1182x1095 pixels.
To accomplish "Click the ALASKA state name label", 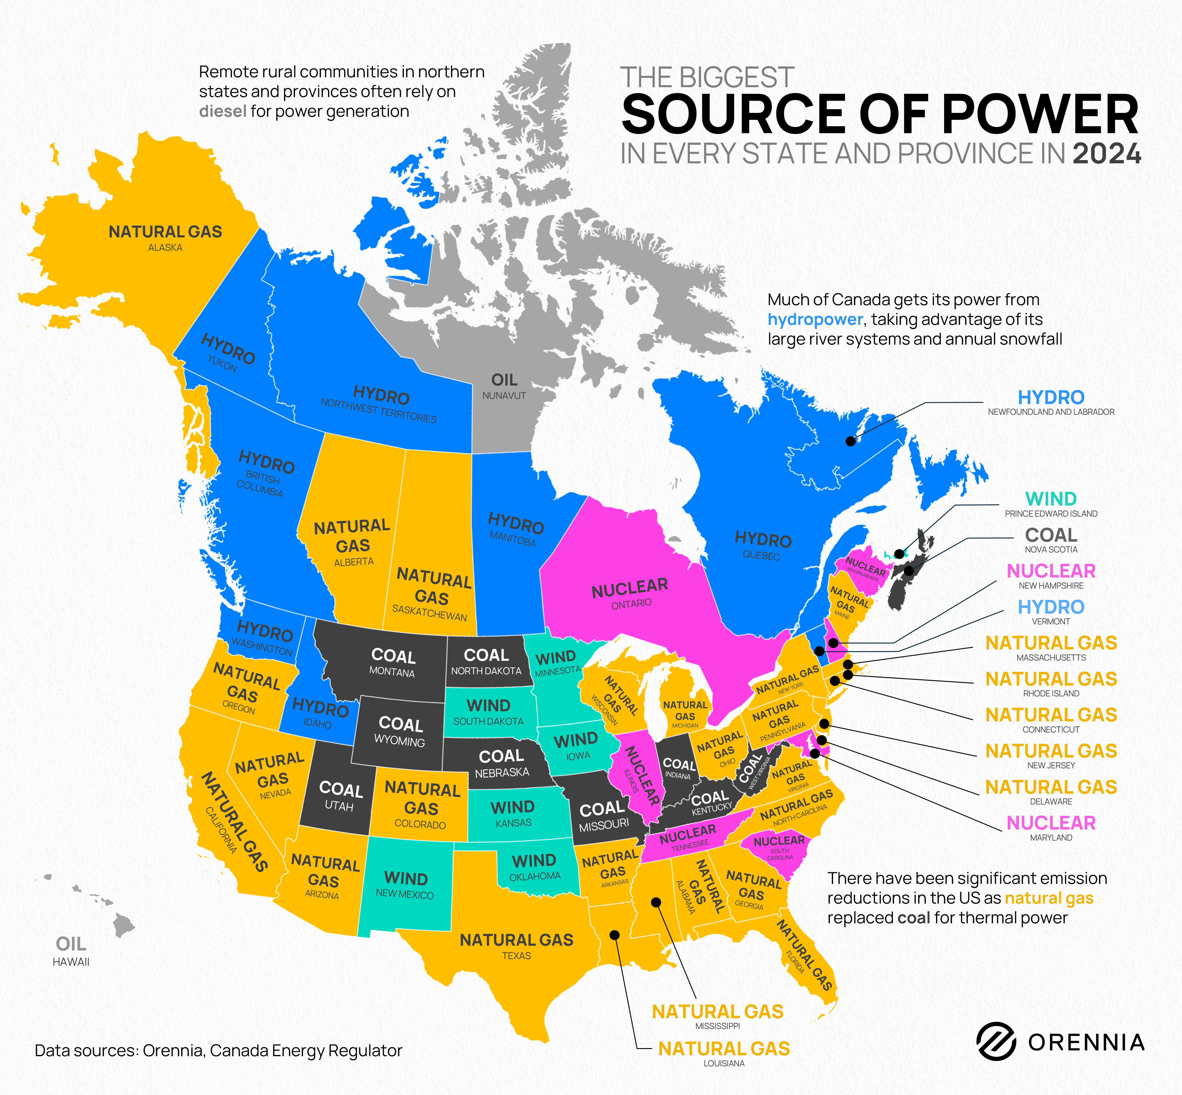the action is click(165, 248).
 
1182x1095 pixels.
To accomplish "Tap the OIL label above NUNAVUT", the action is click(504, 380).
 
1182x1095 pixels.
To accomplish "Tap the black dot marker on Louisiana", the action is click(615, 934).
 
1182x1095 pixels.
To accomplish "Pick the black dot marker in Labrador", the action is click(850, 441).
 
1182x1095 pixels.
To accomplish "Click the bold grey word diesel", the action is click(223, 111).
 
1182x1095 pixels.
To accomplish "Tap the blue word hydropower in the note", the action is click(815, 320).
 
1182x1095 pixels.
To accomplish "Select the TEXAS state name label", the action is click(516, 956).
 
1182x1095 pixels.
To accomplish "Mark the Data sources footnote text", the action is click(218, 1051).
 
